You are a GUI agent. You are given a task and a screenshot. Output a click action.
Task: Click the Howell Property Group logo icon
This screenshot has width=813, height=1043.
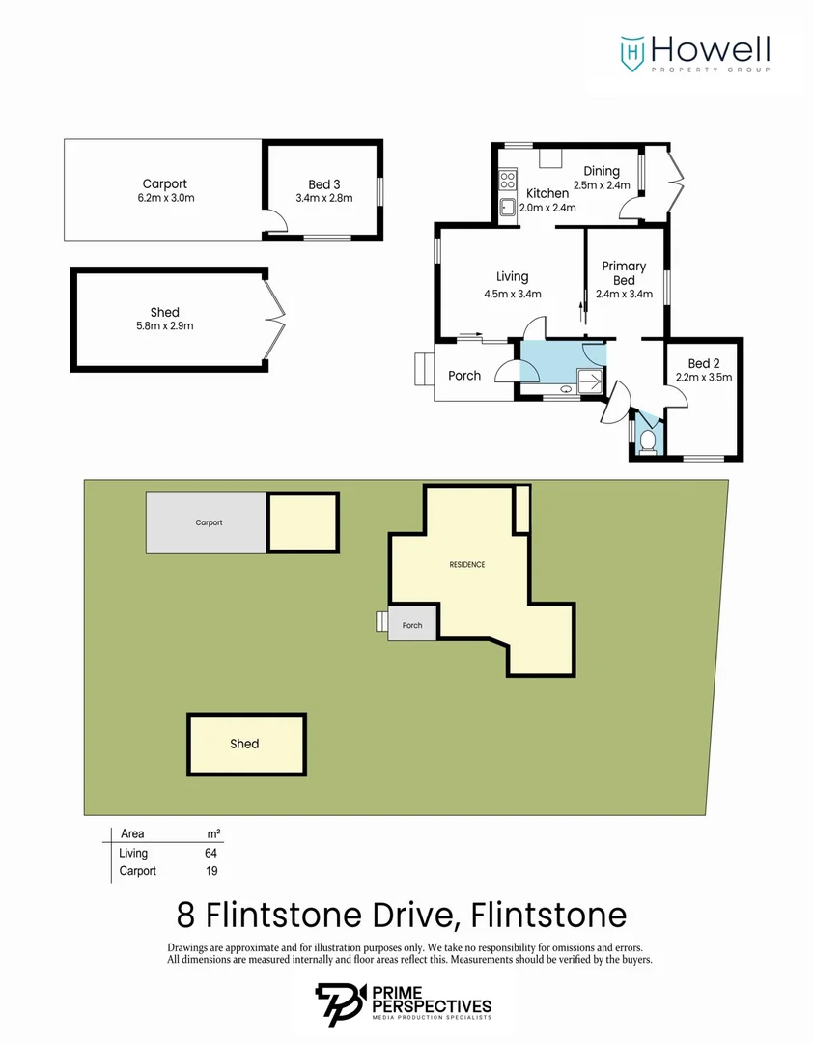(632, 52)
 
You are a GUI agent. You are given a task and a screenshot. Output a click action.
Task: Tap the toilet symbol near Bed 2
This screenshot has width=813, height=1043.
(648, 441)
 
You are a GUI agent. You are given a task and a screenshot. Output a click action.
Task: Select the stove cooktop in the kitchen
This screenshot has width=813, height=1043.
(507, 179)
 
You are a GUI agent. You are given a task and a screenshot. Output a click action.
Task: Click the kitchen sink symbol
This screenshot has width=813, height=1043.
(506, 206)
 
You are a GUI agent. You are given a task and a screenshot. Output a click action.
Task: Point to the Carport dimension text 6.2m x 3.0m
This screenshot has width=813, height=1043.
(164, 198)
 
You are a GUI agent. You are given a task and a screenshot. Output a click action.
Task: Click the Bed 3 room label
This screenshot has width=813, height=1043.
(324, 183)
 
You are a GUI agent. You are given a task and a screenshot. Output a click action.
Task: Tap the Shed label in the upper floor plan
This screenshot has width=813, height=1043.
(164, 312)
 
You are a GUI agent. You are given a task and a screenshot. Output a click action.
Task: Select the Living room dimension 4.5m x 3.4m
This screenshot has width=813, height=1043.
(512, 295)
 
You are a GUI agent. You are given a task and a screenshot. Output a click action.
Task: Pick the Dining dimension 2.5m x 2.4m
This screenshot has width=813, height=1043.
(601, 185)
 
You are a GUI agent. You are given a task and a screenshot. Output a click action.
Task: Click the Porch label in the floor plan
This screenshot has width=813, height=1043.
(464, 376)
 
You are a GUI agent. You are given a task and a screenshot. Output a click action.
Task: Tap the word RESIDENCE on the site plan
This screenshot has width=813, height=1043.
(466, 564)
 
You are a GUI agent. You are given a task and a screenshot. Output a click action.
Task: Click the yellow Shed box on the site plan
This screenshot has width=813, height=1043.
(246, 744)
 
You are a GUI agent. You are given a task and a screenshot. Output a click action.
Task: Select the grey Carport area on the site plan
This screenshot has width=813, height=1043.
(207, 522)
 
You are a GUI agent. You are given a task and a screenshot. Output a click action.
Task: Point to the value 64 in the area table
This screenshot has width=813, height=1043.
(210, 853)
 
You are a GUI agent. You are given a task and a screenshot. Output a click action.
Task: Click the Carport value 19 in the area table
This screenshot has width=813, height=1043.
(210, 870)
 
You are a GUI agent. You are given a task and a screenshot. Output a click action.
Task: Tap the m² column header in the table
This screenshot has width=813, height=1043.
(213, 833)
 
